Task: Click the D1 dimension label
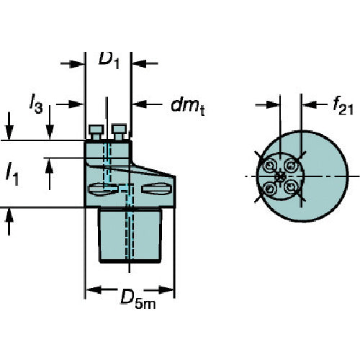pos(109,60)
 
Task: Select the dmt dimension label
pos(188,107)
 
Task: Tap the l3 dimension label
pos(36,104)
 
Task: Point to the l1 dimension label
pos(12,174)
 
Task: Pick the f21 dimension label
pos(343,107)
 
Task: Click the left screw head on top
pos(96,132)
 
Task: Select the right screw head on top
pos(120,132)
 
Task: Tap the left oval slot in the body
pos(103,189)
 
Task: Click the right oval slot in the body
pos(156,189)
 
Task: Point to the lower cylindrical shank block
pos(130,235)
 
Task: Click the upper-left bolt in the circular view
pos(270,166)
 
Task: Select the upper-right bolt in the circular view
pos(291,166)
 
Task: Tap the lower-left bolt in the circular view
pos(270,188)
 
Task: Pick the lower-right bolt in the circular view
pos(291,186)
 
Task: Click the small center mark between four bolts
pos(280,177)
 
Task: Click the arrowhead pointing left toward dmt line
pos(139,104)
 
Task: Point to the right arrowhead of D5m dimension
pos(166,290)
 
